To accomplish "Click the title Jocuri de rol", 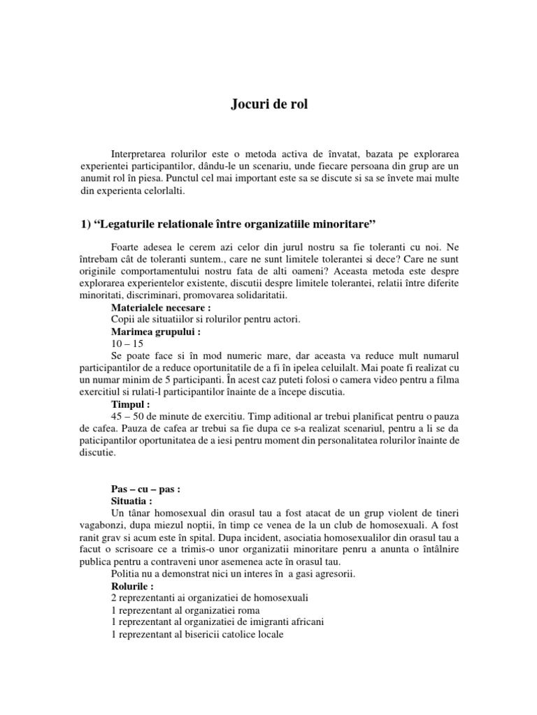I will click(x=268, y=105).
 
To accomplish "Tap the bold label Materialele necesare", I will click(x=160, y=307).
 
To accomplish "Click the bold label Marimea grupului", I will click(x=155, y=332).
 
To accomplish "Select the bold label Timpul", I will click(x=131, y=404).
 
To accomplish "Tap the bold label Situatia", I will click(x=135, y=501).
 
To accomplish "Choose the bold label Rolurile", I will click(x=136, y=586).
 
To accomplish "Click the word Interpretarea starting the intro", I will click(x=143, y=153).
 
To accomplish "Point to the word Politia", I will click(x=127, y=573).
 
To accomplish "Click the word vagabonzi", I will click(x=100, y=526).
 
